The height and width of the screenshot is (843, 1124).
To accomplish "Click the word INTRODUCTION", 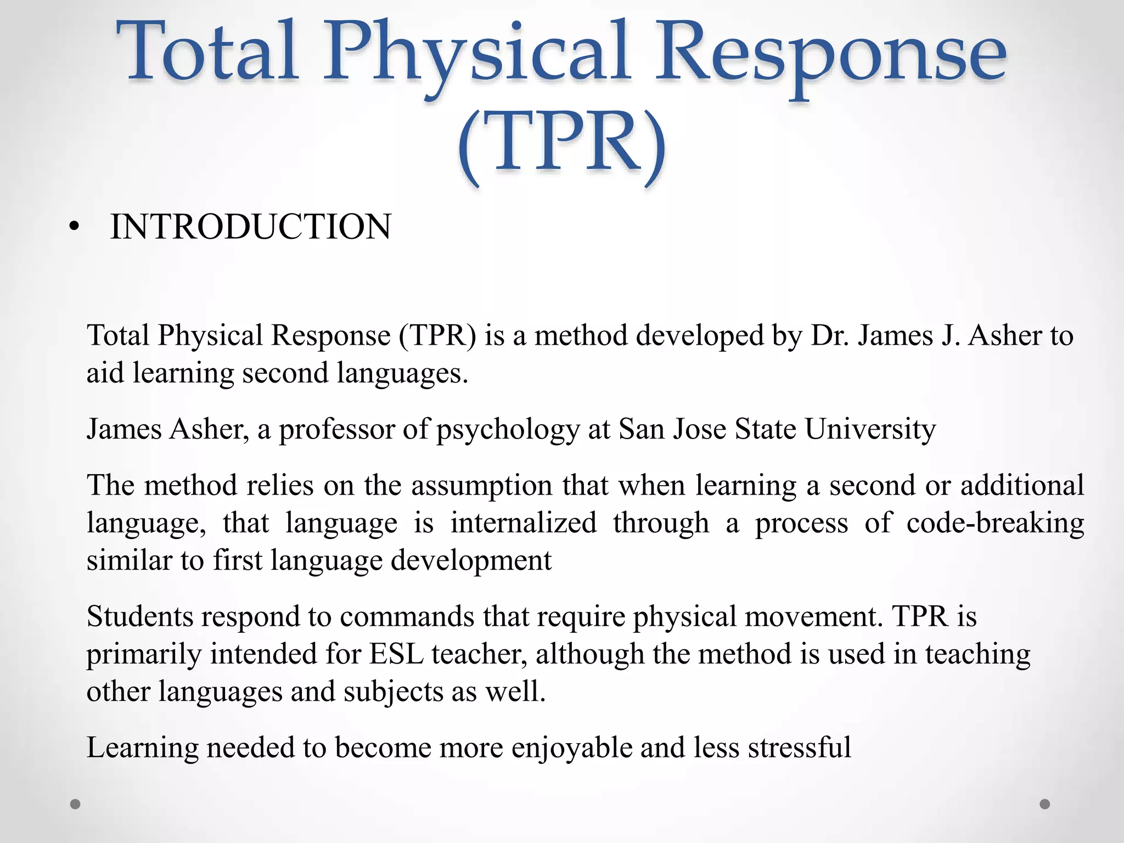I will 250,227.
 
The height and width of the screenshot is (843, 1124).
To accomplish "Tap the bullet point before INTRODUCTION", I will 75,228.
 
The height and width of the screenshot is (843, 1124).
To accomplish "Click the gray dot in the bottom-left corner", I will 76,804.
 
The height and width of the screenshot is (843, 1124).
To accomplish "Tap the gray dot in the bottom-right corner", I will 1045,804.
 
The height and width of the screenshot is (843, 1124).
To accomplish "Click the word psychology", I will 508,430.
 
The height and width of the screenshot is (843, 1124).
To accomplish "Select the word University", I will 870,430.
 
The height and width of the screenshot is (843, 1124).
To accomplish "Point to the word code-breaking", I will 995,523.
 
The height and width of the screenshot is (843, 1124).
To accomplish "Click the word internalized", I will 523,523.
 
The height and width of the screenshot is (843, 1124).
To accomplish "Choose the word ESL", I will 396,654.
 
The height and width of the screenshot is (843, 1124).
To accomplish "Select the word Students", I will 140,617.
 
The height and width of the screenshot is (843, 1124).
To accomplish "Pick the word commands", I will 407,617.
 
